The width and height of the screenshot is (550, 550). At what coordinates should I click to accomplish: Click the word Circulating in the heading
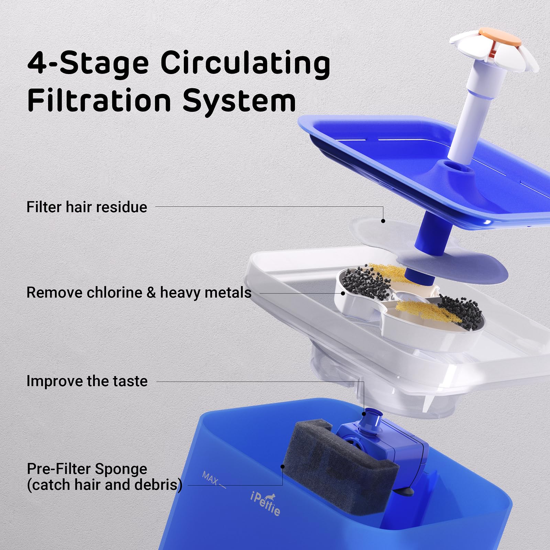point(245,64)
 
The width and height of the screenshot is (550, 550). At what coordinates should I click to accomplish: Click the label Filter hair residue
point(87,207)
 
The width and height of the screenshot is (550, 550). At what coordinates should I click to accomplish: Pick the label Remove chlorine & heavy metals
point(139,293)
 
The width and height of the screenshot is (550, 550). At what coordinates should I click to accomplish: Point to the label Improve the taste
point(87,381)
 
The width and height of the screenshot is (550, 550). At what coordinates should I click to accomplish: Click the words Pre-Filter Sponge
point(87,469)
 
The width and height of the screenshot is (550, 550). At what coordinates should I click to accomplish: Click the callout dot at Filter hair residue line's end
point(383,221)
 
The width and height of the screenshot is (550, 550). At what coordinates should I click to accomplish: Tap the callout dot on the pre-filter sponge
point(283,466)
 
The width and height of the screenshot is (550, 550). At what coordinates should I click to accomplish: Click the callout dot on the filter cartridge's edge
point(343,293)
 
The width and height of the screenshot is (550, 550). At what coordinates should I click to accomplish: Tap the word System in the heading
point(239,101)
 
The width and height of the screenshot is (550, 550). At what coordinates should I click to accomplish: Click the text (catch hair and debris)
point(104,485)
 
